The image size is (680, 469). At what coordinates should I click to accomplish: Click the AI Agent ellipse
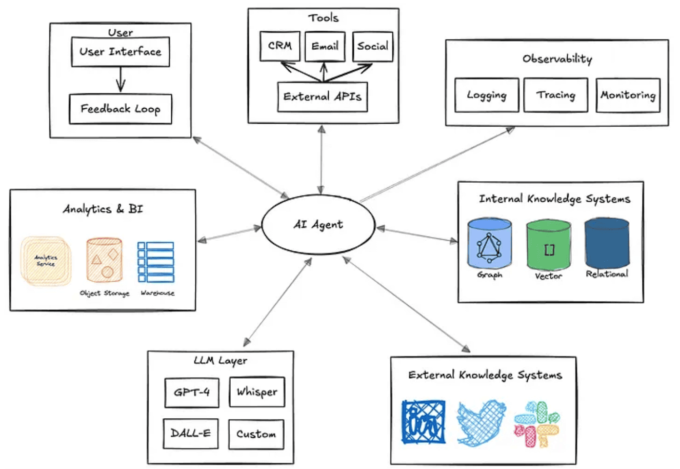(x=318, y=224)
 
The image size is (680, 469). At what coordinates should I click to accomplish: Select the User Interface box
(x=121, y=52)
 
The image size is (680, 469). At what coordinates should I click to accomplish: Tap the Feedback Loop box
(x=121, y=109)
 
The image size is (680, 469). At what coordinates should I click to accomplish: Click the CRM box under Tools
(x=280, y=46)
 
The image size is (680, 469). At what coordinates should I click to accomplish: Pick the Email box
(x=325, y=47)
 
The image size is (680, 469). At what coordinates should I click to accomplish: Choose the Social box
(x=373, y=47)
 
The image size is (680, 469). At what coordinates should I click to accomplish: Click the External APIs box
(x=323, y=97)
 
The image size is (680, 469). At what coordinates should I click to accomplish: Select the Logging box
(x=487, y=95)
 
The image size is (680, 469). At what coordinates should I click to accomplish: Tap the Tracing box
(x=556, y=95)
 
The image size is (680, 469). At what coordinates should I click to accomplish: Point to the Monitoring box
(x=628, y=95)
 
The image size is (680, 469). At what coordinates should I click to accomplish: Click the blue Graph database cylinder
(x=489, y=243)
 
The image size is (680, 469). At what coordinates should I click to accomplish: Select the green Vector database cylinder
(x=549, y=245)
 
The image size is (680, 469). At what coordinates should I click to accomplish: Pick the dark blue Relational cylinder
(x=607, y=243)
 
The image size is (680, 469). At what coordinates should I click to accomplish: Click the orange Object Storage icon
(x=105, y=260)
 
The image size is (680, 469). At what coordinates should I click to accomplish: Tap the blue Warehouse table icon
(x=156, y=262)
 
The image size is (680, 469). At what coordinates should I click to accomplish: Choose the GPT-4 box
(x=192, y=393)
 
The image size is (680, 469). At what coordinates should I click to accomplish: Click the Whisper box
(x=257, y=392)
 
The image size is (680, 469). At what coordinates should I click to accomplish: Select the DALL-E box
(x=191, y=434)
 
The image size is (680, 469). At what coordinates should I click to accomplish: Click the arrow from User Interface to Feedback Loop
(x=121, y=80)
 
